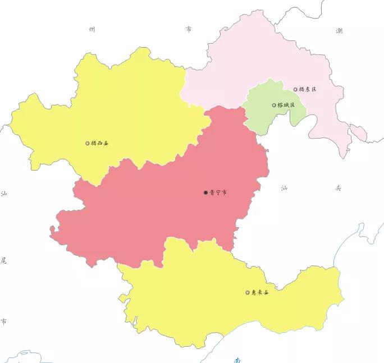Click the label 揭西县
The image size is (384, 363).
tap(100, 143)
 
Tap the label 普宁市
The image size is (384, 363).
tap(218, 192)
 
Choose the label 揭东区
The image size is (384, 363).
tap(308, 89)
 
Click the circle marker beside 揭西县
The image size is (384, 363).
tap(87, 143)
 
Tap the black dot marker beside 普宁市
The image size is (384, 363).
tap(205, 192)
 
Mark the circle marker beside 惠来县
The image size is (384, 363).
tap(247, 292)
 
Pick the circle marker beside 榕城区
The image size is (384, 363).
tap(274, 105)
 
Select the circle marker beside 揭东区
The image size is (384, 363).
tap(295, 89)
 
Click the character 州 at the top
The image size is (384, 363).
tap(92, 29)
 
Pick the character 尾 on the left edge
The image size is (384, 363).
tap(4, 260)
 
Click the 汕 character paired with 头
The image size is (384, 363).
tap(285, 189)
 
